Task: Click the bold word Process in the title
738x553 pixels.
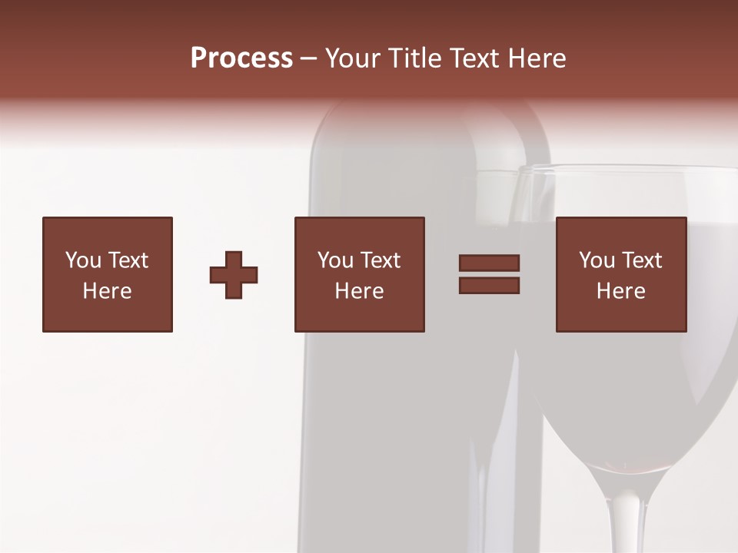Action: pyautogui.click(x=241, y=58)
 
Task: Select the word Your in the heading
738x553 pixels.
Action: pyautogui.click(x=354, y=58)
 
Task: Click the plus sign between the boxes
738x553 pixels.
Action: pyautogui.click(x=234, y=275)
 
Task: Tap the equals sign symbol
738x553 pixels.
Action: pyautogui.click(x=489, y=274)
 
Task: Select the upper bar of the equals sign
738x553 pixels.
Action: pyautogui.click(x=489, y=263)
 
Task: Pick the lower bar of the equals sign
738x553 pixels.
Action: pyautogui.click(x=489, y=286)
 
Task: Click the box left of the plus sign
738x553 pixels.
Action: pyautogui.click(x=108, y=274)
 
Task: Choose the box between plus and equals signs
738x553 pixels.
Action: pyautogui.click(x=359, y=274)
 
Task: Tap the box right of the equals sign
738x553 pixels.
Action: pyautogui.click(x=620, y=274)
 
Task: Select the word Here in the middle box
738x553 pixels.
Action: pyautogui.click(x=359, y=291)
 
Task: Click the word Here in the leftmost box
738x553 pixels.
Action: pyautogui.click(x=108, y=291)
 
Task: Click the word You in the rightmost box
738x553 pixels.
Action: pyautogui.click(x=597, y=260)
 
